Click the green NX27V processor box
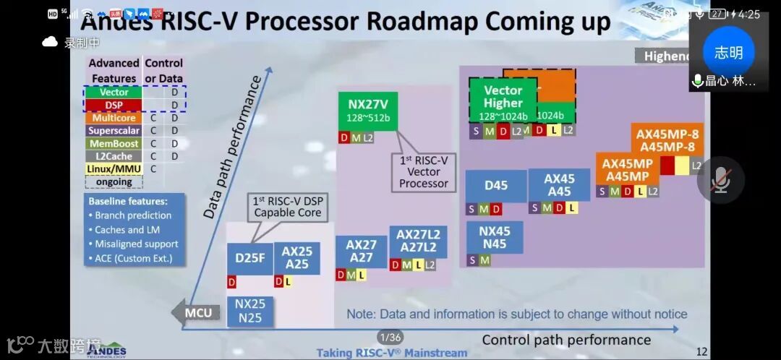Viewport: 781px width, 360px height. (x=367, y=111)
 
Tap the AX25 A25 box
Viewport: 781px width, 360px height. (x=296, y=257)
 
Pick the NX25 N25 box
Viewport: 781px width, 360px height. (x=250, y=311)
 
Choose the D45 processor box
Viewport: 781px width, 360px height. (x=495, y=186)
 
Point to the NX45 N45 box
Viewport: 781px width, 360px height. (x=495, y=238)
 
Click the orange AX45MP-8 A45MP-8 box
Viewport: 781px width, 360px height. (x=667, y=140)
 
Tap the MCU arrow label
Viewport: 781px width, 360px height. (x=195, y=313)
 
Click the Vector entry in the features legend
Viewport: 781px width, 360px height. (x=114, y=92)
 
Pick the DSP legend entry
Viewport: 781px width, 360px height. (x=114, y=105)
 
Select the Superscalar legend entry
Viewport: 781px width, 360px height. (x=114, y=131)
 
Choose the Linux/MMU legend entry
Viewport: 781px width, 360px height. (x=114, y=169)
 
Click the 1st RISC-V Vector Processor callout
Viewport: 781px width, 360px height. (x=424, y=172)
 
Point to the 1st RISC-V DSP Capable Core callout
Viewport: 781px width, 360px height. (x=286, y=207)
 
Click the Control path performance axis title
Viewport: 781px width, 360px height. (x=566, y=340)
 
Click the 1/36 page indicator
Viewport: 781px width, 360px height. (x=390, y=337)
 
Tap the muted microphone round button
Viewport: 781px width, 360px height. (x=720, y=180)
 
